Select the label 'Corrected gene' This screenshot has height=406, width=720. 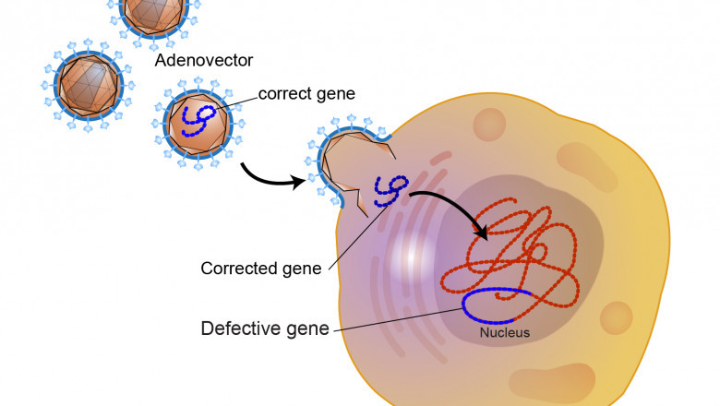(x=261, y=269)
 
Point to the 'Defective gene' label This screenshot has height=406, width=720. (x=265, y=328)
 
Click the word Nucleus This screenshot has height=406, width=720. (x=504, y=332)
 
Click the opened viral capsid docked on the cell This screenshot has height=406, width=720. (x=346, y=161)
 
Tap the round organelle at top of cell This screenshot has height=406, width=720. (x=490, y=122)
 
